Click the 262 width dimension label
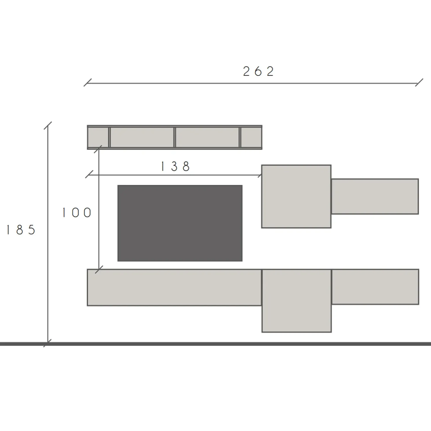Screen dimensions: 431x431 coord(259,71)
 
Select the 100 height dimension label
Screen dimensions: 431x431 coord(77,213)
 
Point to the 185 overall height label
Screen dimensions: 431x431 coord(21,230)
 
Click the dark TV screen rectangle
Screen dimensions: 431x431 coord(180,223)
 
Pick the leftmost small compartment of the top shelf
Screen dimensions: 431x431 coord(98,137)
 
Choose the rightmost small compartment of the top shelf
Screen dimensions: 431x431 coord(251,137)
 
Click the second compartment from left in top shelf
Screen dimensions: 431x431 coord(142,137)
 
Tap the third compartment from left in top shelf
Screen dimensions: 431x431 coord(207,137)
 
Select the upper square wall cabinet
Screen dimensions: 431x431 coord(296,197)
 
